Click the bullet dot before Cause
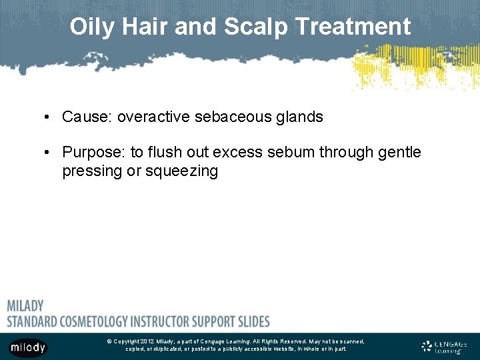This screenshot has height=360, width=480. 49,117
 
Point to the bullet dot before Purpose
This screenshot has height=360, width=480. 49,153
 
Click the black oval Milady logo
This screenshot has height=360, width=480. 28,347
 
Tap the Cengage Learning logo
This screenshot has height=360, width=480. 444,347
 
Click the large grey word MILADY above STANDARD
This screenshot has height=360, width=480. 25,307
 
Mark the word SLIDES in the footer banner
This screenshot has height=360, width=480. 253,321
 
